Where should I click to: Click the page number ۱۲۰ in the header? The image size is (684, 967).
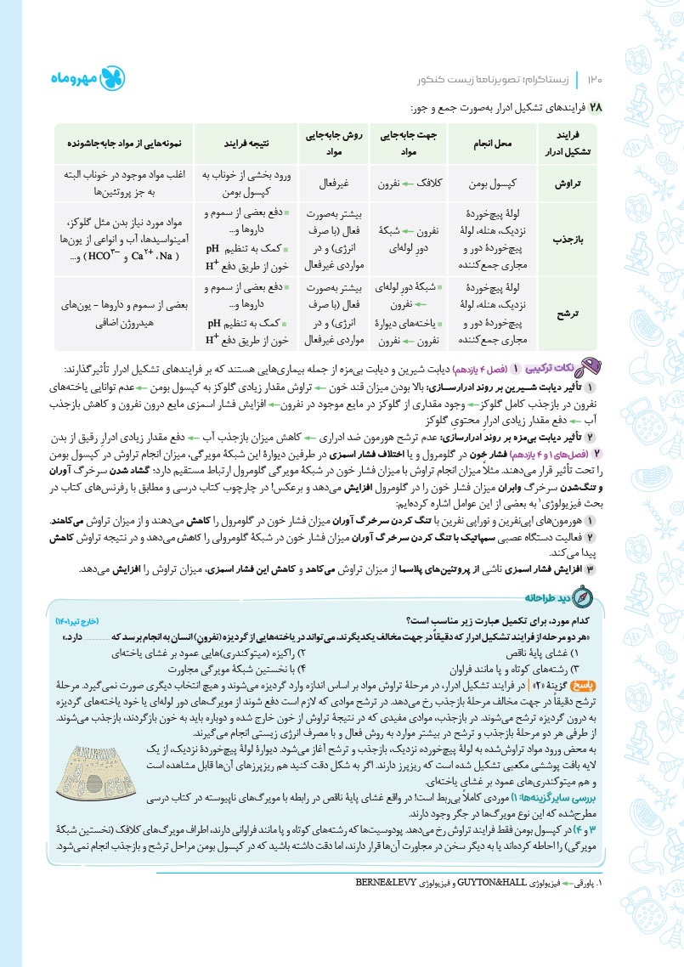pos(593,80)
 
